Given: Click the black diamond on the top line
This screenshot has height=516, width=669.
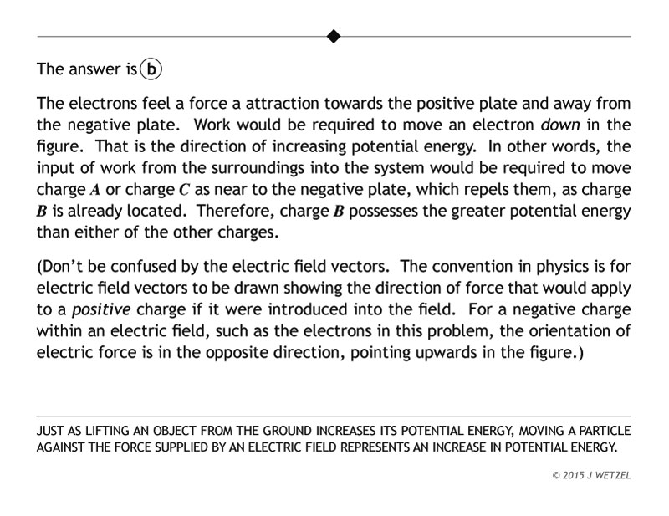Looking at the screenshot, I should coord(334,36).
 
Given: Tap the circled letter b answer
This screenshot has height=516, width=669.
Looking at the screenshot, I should coord(151,69).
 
